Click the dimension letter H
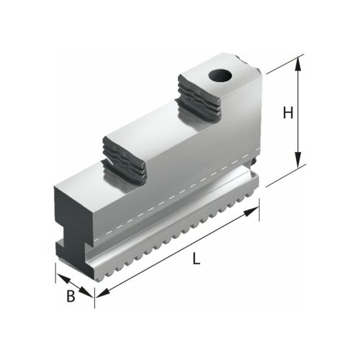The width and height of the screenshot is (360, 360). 287,113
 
